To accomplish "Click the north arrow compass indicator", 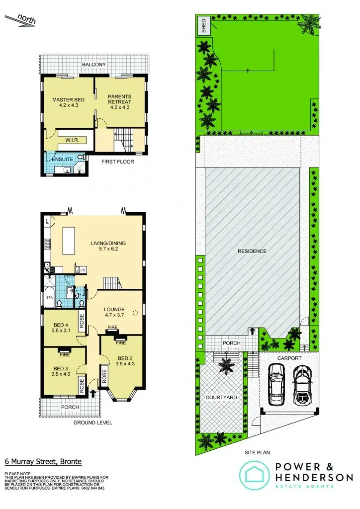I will click(20, 21).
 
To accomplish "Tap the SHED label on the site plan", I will click(203, 25).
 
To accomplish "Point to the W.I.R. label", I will click(73, 140).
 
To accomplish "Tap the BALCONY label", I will click(94, 65).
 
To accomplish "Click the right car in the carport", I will click(302, 385).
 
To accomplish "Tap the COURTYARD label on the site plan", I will click(221, 398).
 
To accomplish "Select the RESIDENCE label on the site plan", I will click(252, 251).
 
